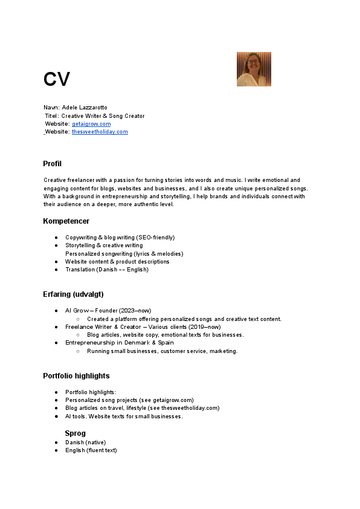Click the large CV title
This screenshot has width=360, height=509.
pyautogui.click(x=57, y=79)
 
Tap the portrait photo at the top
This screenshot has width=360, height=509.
pyautogui.click(x=254, y=69)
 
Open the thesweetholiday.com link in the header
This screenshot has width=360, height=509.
pyautogui.click(x=100, y=132)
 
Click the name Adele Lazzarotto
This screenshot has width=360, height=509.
pyautogui.click(x=85, y=107)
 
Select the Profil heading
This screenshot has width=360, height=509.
pyautogui.click(x=52, y=164)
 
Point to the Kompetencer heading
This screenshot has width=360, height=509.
pyautogui.click(x=66, y=221)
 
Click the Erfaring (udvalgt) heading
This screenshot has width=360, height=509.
pyautogui.click(x=73, y=294)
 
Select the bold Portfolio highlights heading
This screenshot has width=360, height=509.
pyautogui.click(x=76, y=376)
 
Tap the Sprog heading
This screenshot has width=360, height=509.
pyautogui.click(x=75, y=433)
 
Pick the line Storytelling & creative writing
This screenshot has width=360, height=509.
pyautogui.click(x=104, y=245)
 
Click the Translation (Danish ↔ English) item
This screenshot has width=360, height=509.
pyautogui.click(x=107, y=270)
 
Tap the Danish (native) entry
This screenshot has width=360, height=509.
pyautogui.click(x=86, y=443)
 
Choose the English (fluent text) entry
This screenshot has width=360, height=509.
pyautogui.click(x=91, y=450)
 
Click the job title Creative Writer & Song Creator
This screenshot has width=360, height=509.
pyautogui.click(x=103, y=115)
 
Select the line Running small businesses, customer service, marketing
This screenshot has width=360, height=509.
pyautogui.click(x=162, y=351)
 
